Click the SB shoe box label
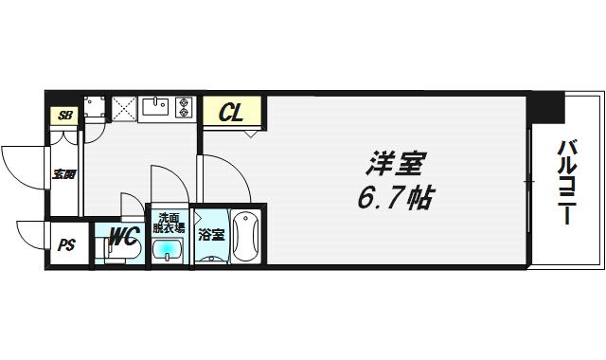(x=64, y=116)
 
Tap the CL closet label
(x=231, y=114)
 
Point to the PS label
(x=66, y=244)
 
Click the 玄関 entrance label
(x=64, y=174)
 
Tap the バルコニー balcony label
(x=565, y=180)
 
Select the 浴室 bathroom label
(x=210, y=233)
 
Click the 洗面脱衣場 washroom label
(x=170, y=222)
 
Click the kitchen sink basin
(x=154, y=107)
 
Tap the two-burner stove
(x=183, y=107)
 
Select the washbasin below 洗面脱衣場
(x=168, y=250)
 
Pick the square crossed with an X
(x=125, y=107)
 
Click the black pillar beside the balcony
(x=546, y=107)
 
